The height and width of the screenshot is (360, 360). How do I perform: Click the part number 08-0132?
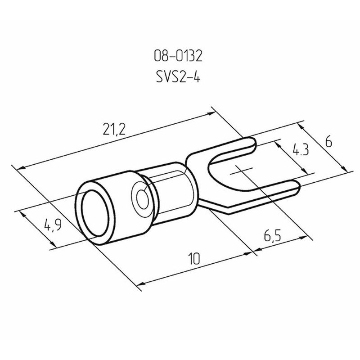pyautogui.click(x=178, y=56)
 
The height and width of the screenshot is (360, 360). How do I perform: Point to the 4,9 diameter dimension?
pyautogui.click(x=53, y=225)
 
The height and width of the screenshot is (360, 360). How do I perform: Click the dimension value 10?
pyautogui.click(x=194, y=258)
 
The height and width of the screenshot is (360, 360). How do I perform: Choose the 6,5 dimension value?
pyautogui.click(x=272, y=236)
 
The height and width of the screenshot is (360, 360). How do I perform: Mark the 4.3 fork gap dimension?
pyautogui.click(x=300, y=150)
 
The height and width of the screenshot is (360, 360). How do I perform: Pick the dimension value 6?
pyautogui.click(x=328, y=143)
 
